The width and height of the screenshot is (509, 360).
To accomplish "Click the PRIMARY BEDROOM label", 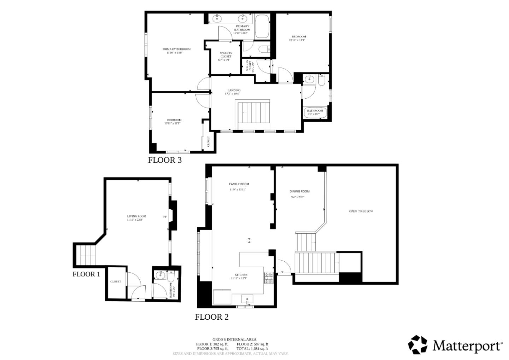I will (x=176, y=49).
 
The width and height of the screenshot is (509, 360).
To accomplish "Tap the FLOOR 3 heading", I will (x=165, y=160).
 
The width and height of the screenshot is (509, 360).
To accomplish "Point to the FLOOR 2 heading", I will (x=212, y=317).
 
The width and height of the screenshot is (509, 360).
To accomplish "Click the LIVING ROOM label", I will (x=136, y=216).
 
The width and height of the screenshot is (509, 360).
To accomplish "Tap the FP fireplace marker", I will (x=165, y=216).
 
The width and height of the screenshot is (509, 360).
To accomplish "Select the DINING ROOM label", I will (x=299, y=191).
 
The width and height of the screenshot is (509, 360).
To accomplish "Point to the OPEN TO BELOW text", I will (x=361, y=211).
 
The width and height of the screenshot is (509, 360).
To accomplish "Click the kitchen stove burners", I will (x=268, y=278).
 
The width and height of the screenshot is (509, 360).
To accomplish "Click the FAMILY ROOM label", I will (x=239, y=184).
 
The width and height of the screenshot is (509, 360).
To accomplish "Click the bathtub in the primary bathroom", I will (x=262, y=27).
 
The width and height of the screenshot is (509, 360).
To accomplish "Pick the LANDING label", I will (x=234, y=90).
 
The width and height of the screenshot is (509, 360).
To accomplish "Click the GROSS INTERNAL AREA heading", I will (x=234, y=339).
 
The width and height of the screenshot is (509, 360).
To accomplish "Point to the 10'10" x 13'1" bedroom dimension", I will (x=297, y=40).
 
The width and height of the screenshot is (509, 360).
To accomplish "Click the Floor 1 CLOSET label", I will (x=116, y=281).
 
